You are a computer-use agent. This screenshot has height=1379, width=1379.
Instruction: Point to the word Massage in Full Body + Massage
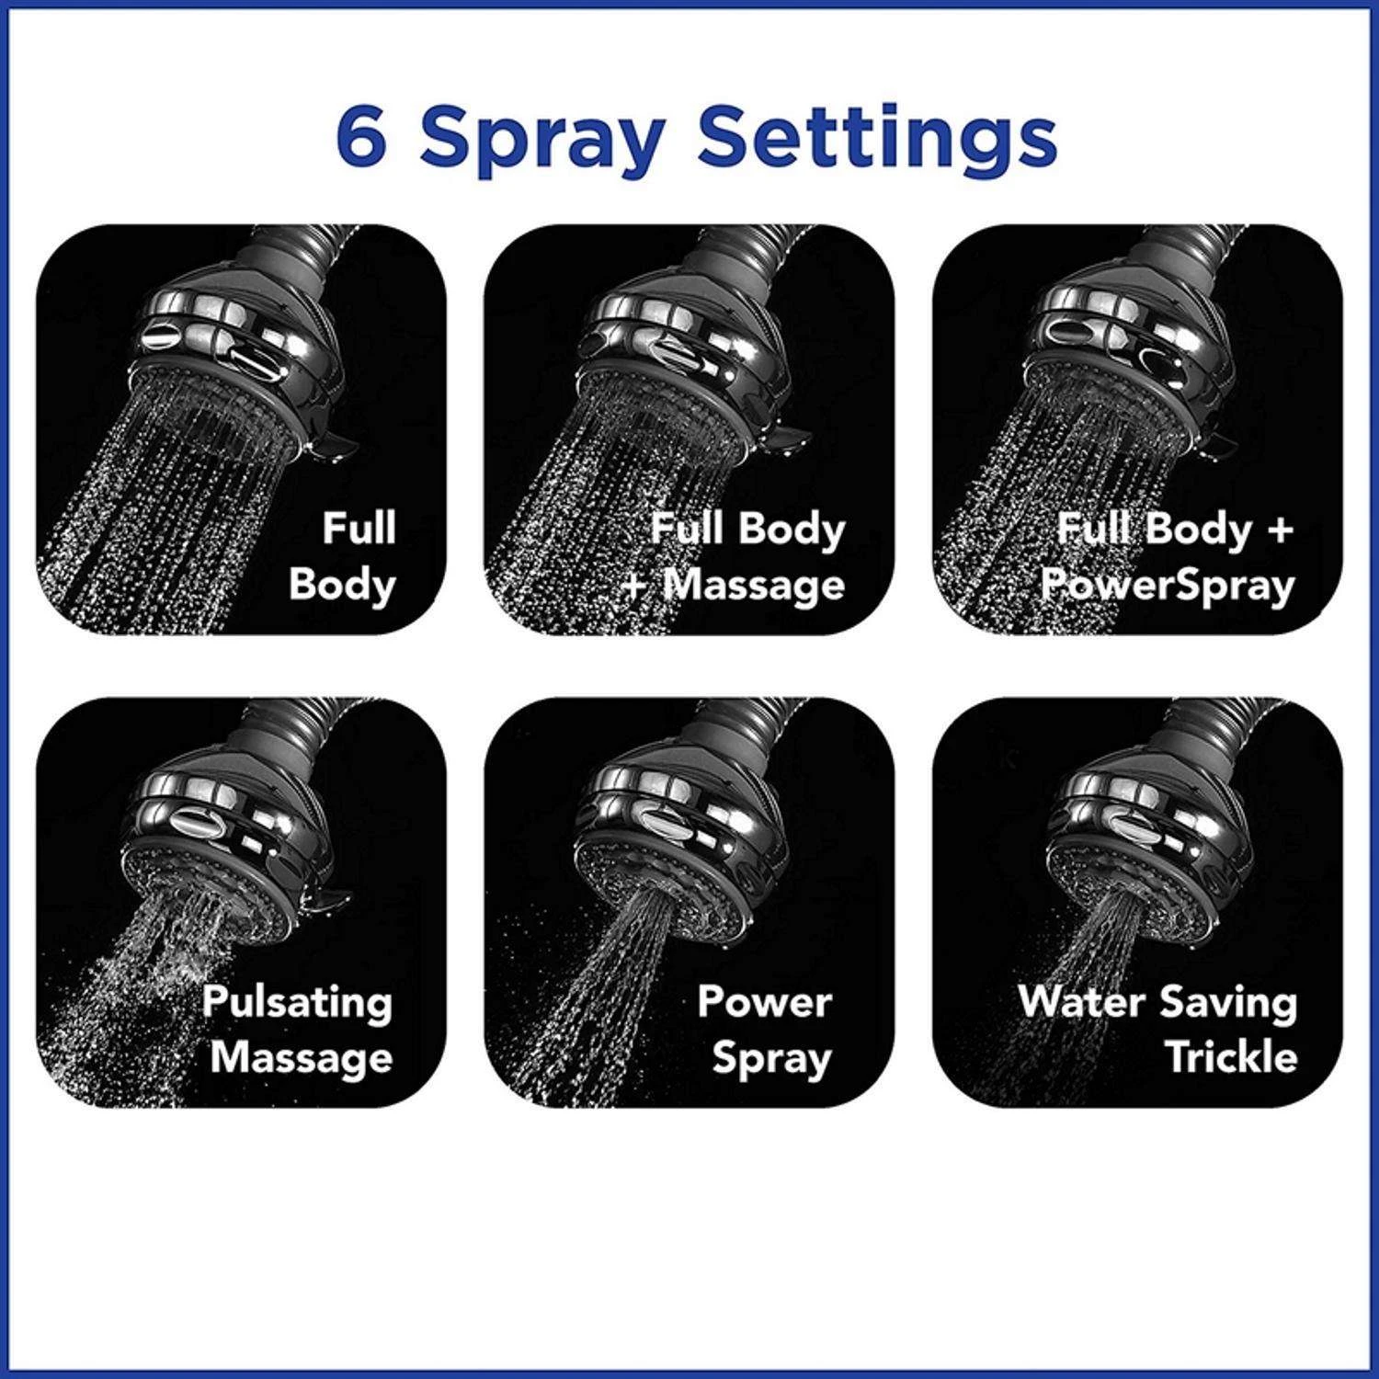(x=753, y=584)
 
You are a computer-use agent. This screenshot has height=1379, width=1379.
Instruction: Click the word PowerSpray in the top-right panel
(x=1167, y=586)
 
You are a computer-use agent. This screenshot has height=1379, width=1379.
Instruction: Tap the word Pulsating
(x=298, y=1002)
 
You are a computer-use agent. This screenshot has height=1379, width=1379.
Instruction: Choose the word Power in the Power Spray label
(x=764, y=1001)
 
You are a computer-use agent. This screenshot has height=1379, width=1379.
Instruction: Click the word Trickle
(x=1231, y=1056)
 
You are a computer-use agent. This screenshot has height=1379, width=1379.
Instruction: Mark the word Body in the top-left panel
(x=342, y=585)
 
